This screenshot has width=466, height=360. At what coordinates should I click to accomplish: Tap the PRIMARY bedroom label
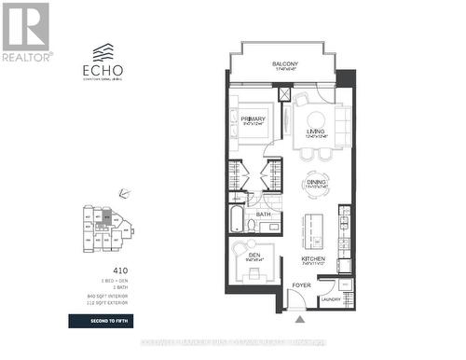point(254,119)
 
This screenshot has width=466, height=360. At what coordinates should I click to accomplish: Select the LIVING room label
point(315,132)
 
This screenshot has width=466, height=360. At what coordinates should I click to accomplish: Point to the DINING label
point(317,182)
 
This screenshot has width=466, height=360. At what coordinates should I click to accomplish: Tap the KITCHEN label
point(313,258)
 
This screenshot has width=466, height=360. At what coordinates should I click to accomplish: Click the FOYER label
point(300,286)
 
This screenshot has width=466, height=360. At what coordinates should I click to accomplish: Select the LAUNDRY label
point(331,298)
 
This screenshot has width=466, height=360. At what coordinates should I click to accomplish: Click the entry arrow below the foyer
point(299,320)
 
